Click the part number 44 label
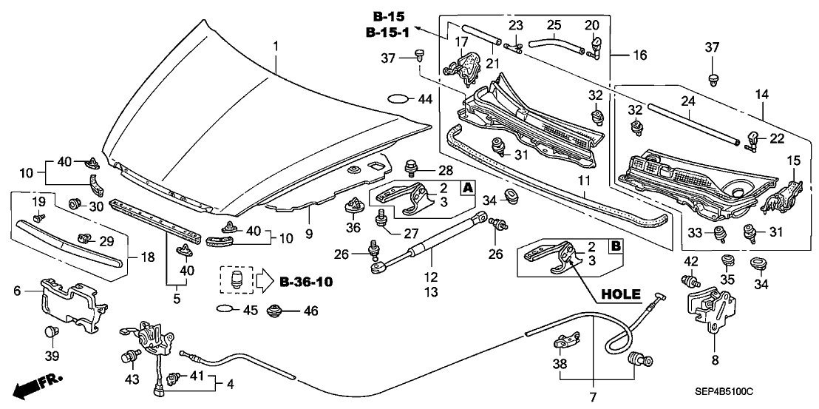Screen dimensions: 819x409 (x=425, y=98)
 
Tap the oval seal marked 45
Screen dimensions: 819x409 (x=225, y=308)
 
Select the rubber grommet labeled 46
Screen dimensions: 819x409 (x=275, y=311)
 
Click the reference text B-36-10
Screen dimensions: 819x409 (x=306, y=282)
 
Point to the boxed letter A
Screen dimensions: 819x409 (x=467, y=187)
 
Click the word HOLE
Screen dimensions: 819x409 (x=621, y=294)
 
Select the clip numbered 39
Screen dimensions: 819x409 (x=51, y=331)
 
